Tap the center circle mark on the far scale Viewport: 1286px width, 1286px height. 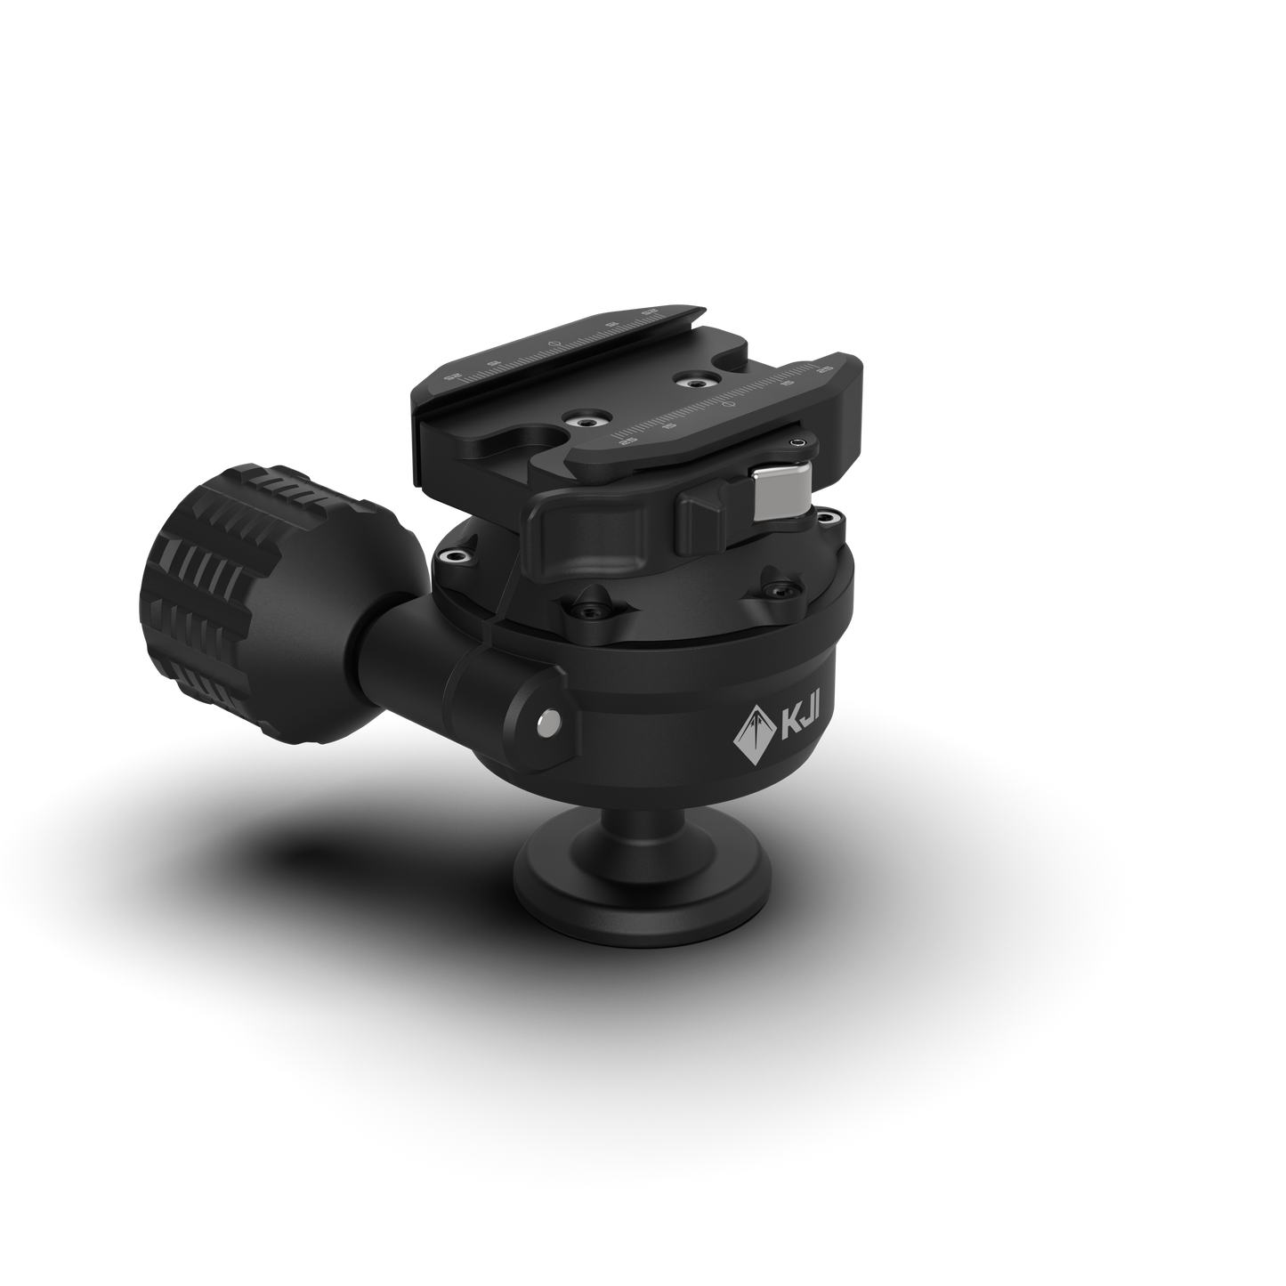coord(554,343)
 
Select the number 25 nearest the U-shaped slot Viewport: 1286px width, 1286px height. coord(619,440)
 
